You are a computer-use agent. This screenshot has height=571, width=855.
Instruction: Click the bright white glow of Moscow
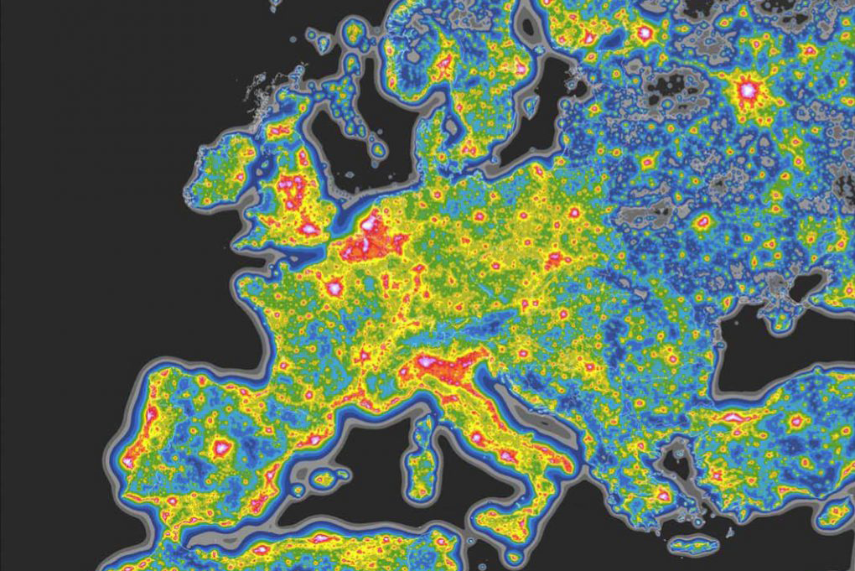tap(745, 87)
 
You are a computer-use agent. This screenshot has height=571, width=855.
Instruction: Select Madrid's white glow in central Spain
tap(221, 447)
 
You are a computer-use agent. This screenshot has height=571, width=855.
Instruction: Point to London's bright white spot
tap(309, 228)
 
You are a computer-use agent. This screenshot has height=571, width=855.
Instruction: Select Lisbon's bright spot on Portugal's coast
tap(130, 459)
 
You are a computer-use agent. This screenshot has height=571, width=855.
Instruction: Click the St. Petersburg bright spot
tap(645, 34)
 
